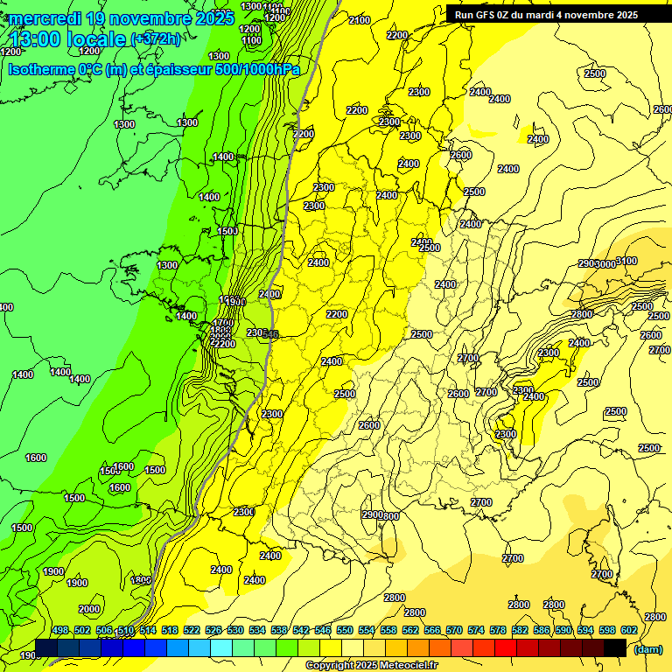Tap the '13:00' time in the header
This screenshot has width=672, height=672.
38,39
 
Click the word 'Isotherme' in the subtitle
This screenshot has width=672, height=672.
39,69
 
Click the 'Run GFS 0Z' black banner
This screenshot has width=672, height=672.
546,15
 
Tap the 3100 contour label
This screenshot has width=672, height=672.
626,261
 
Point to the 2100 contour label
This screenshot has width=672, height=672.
359,20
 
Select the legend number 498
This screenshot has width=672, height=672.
60,631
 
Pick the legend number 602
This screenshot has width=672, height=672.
629,631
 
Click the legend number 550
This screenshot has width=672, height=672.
345,631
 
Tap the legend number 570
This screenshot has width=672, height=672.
454,631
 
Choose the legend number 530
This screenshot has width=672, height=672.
235,631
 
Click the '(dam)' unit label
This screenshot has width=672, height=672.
647,648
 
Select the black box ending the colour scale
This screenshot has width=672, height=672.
615,647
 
